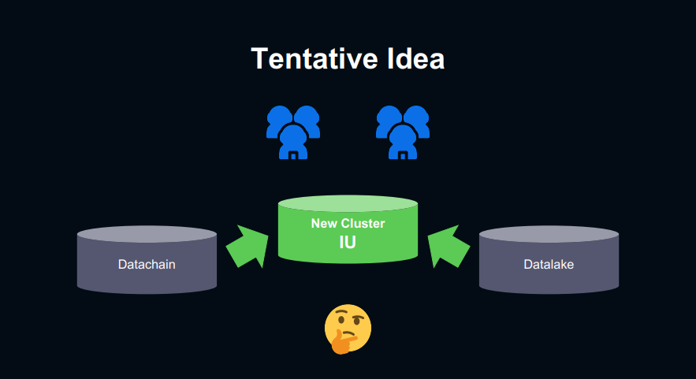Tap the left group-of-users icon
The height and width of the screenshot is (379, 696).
pyautogui.click(x=293, y=131)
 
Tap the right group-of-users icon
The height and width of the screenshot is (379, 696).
pyautogui.click(x=403, y=131)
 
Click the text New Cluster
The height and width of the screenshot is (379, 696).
pyautogui.click(x=348, y=224)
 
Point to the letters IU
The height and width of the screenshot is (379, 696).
pyautogui.click(x=348, y=243)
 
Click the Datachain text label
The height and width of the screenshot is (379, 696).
pyautogui.click(x=147, y=264)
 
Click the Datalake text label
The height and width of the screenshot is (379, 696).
pyautogui.click(x=549, y=264)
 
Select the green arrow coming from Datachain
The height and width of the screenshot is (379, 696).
pyautogui.click(x=246, y=247)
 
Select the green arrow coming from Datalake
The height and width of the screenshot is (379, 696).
pyautogui.click(x=448, y=247)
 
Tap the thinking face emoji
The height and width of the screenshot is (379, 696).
pyautogui.click(x=348, y=326)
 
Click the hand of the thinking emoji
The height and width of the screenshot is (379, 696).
pyautogui.click(x=341, y=342)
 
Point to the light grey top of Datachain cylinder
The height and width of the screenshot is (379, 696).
pyautogui.click(x=147, y=234)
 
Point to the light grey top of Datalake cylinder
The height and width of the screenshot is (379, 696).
pyautogui.click(x=549, y=234)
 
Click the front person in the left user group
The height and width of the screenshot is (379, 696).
pyautogui.click(x=293, y=142)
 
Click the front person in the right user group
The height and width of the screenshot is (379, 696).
pyautogui.click(x=403, y=142)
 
